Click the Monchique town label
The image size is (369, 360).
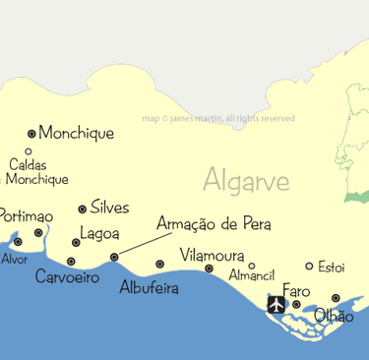point(77,133)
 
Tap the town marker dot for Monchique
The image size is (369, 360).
point(31,133)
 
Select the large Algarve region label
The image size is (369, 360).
point(246,181)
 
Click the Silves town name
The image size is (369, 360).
point(109,208)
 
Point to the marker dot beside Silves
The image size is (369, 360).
point(82,210)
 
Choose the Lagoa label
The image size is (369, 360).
point(99,234)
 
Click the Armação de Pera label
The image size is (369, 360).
point(214,224)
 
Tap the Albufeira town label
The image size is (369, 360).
point(150,288)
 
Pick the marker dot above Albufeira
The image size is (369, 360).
point(160,264)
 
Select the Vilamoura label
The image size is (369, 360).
point(213,255)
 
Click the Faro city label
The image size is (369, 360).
point(296,291)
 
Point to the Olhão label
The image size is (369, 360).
point(334,317)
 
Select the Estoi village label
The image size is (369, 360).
point(332,267)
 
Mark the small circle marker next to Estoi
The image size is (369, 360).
point(309,266)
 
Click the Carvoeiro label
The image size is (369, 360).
point(67,278)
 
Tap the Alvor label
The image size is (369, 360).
point(15,260)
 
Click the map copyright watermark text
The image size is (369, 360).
point(218,118)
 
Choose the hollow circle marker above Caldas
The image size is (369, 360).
point(29,151)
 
